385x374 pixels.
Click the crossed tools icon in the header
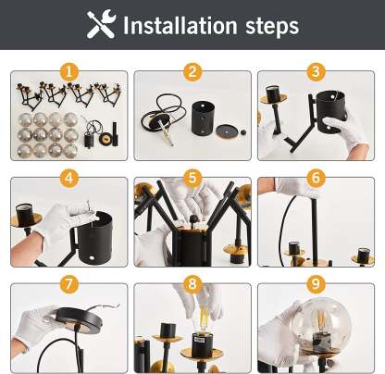[101, 24]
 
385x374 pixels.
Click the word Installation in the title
[180, 26]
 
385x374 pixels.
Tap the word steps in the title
[272, 27]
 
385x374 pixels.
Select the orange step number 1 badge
[69, 72]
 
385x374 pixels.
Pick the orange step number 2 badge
[192, 72]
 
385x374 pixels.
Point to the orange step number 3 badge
[316, 72]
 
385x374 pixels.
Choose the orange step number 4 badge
[69, 178]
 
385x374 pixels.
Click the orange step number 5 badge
[192, 178]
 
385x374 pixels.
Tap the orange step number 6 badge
[316, 178]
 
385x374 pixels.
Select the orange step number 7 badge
[69, 284]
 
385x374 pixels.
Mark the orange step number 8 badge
[192, 284]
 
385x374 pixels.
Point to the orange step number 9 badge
[316, 284]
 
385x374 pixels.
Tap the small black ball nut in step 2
[243, 132]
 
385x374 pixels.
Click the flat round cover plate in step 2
[228, 131]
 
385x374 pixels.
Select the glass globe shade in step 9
[321, 322]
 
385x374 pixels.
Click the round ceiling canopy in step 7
[79, 320]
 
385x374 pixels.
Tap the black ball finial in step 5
[193, 219]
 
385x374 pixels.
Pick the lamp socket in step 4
[25, 214]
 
